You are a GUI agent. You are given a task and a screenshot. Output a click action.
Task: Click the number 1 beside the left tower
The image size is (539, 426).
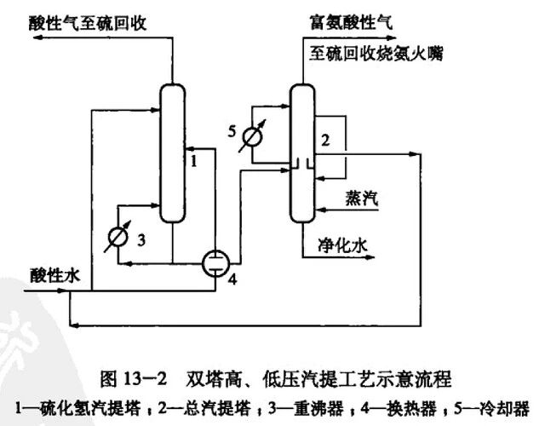[194, 158]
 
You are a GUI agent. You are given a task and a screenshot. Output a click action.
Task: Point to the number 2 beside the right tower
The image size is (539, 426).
[324, 136]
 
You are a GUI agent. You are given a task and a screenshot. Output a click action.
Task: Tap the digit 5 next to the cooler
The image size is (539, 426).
[231, 130]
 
